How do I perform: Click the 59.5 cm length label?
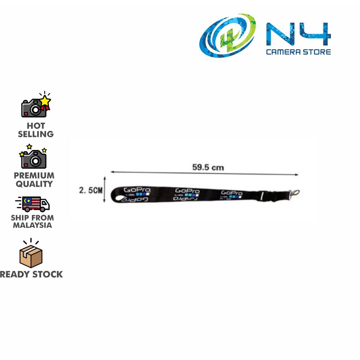coord(208,167)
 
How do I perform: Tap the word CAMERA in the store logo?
coord(283,52)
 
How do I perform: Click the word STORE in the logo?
coord(316,52)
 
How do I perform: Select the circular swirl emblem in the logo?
coord(227,35)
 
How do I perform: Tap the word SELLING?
coord(36,134)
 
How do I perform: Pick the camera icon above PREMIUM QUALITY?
coord(34,157)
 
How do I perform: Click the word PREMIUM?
coord(34,176)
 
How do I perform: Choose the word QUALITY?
coord(34,184)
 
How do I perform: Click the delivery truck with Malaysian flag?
coord(33,204)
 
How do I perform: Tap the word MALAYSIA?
coord(33,225)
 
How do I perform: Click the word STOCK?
coord(48,274)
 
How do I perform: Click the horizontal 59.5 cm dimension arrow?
coord(205,173)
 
